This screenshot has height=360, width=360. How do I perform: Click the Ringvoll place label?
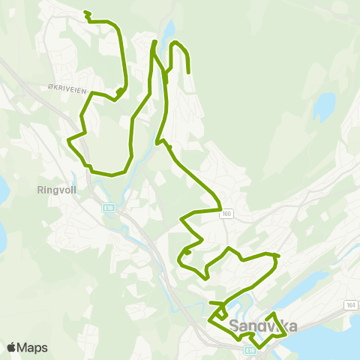point(52,190)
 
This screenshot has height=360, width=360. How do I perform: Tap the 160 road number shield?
point(226,214)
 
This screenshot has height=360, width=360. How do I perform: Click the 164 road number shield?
point(350,305)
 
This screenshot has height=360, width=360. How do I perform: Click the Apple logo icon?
point(11,347)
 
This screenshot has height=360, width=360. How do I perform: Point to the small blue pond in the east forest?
point(324,107)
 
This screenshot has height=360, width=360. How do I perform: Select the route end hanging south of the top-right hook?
point(187,73)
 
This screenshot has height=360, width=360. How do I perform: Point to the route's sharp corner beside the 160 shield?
point(219,208)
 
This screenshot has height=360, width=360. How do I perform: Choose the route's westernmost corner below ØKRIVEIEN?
point(69,140)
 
